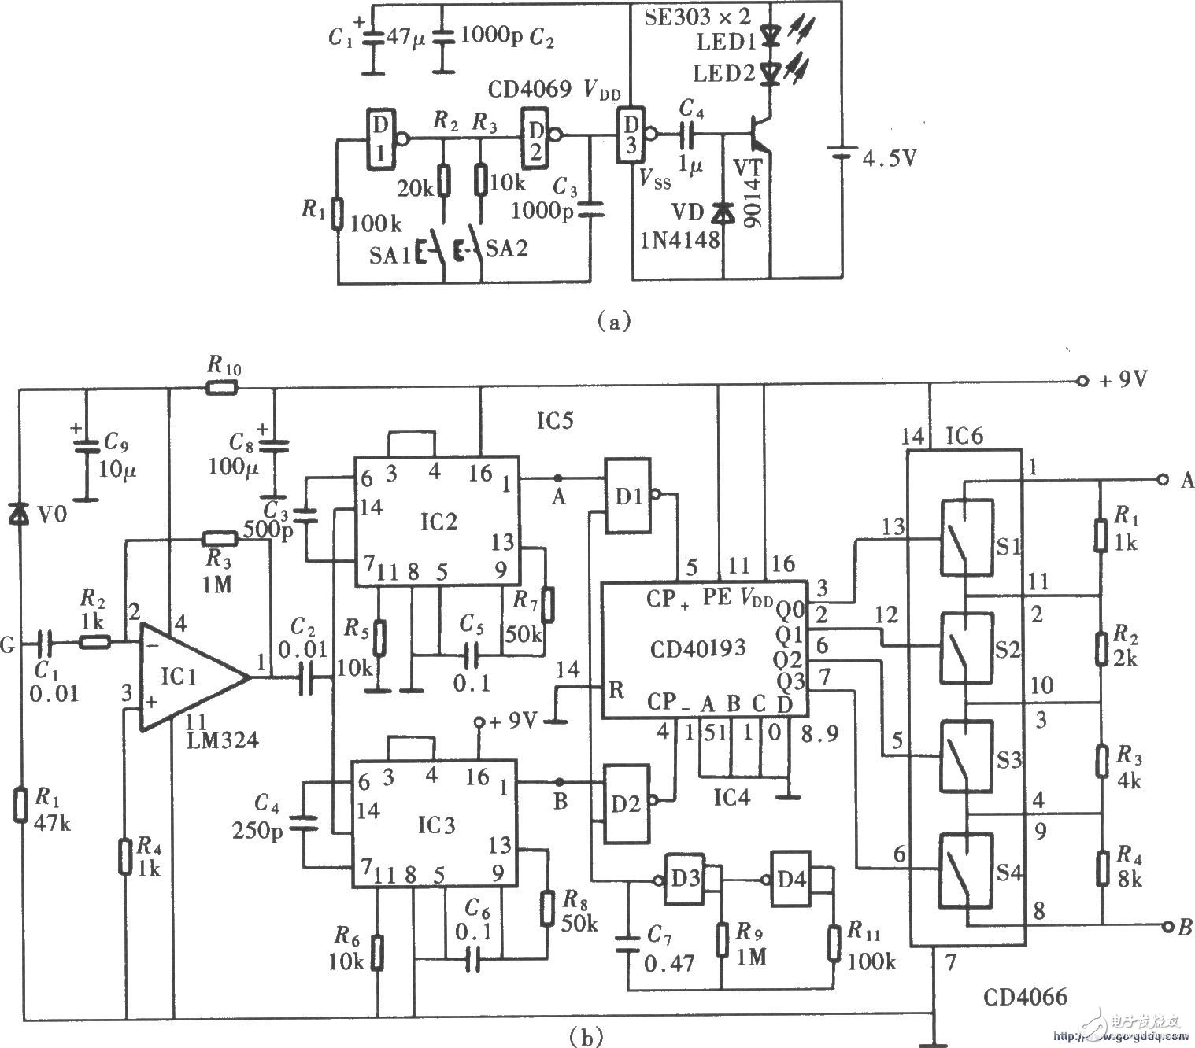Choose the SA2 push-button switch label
507,249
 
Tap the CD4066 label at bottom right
1024,998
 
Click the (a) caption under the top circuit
613,320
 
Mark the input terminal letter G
10,646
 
